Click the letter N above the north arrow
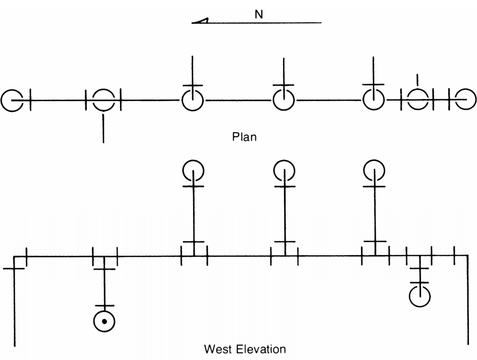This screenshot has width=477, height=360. [x=259, y=14]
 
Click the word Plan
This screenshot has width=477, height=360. [x=244, y=137]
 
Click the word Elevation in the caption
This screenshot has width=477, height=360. [x=261, y=349]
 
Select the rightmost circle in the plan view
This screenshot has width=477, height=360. [x=476, y=99]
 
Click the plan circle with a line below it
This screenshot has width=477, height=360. [x=104, y=90]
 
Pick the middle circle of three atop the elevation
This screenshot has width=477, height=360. [x=274, y=171]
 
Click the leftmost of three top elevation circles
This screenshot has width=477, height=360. [x=183, y=171]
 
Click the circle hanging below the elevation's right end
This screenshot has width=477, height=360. [x=409, y=296]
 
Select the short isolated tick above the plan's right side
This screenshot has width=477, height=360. [x=417, y=80]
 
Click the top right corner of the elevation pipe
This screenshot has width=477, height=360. [x=468, y=255]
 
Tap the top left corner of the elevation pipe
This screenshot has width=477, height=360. [x=14, y=257]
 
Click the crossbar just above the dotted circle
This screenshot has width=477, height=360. [x=104, y=305]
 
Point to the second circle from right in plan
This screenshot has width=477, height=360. [x=417, y=89]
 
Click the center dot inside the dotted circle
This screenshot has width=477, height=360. [x=104, y=322]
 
